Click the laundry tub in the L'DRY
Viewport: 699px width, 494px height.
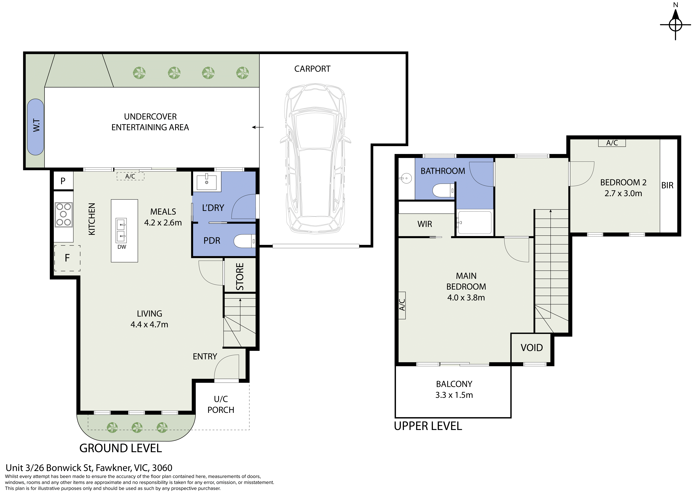(207, 182)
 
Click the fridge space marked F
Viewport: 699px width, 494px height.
(67, 258)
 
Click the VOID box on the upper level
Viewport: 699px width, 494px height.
(532, 348)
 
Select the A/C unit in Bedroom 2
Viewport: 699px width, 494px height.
(612, 143)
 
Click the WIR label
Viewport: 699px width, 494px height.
(425, 224)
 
